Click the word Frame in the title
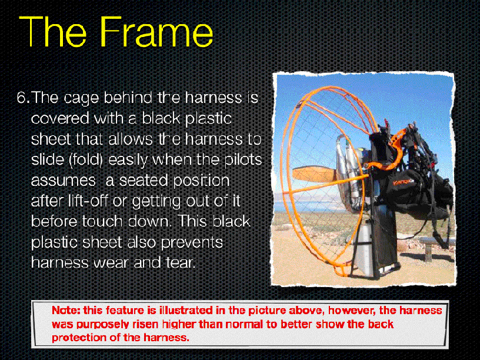[x=156, y=32]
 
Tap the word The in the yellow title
[x=54, y=32]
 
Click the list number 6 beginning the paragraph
[x=24, y=98]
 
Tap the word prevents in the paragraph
[x=192, y=243]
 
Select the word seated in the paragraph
[x=144, y=181]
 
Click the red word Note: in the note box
[x=66, y=311]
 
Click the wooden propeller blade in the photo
[x=314, y=174]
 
